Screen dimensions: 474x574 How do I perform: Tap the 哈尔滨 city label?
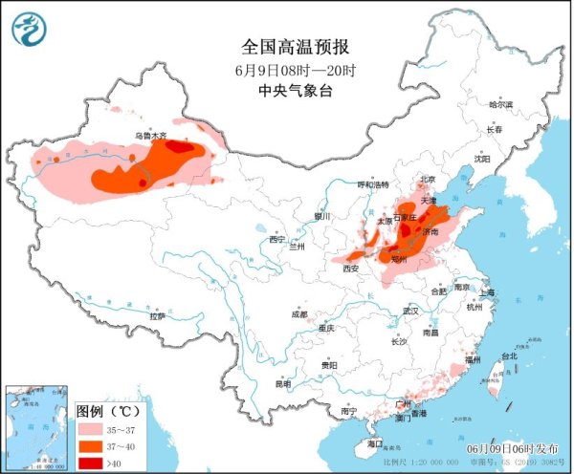click(500, 104)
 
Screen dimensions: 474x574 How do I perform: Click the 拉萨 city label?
click(158, 315)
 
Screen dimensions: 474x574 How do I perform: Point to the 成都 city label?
click(299, 314)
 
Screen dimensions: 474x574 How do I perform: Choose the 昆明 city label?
click(282, 384)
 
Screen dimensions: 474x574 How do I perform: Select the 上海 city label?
click(489, 292)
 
